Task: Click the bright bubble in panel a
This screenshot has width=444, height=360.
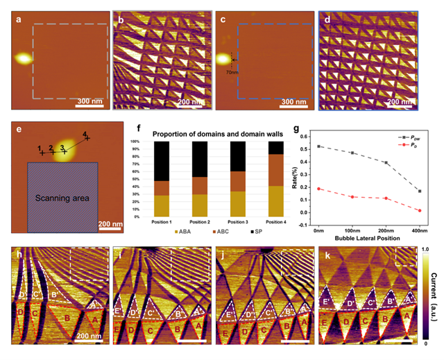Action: click(x=24, y=58)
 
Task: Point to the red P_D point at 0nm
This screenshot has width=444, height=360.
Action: click(x=338, y=189)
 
